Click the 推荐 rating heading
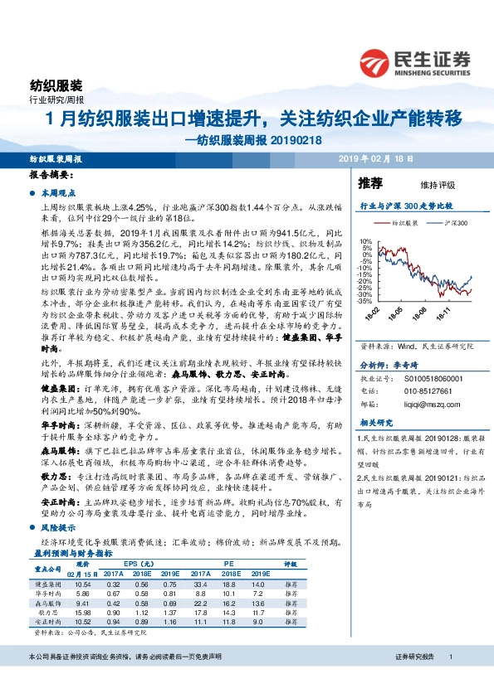tap(370, 182)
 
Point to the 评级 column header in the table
tap(291, 564)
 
